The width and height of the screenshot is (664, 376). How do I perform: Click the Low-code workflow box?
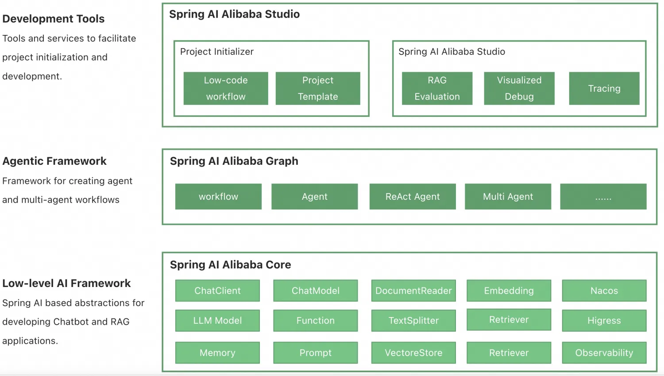(226, 89)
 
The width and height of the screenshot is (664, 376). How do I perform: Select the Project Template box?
(318, 89)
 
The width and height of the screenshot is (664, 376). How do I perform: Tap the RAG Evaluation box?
(437, 89)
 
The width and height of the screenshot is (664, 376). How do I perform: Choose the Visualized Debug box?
(519, 89)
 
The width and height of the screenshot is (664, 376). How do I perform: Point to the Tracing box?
(604, 89)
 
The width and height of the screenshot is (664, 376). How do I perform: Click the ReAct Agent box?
(413, 197)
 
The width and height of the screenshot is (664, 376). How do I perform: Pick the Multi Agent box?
(508, 197)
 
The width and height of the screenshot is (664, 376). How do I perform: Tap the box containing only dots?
(603, 197)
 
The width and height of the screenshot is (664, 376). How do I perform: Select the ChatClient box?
(217, 291)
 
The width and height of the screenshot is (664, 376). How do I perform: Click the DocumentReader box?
(413, 291)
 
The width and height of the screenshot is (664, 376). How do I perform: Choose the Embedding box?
(509, 291)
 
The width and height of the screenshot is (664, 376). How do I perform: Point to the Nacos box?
(604, 291)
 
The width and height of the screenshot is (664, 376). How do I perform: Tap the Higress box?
(604, 321)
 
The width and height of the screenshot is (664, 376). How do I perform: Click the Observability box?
(604, 353)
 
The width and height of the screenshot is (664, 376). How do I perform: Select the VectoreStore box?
(413, 353)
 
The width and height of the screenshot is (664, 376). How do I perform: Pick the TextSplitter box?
(413, 321)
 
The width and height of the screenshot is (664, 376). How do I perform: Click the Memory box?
(217, 353)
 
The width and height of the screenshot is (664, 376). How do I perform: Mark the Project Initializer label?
(217, 52)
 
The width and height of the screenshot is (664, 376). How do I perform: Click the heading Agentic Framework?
(54, 161)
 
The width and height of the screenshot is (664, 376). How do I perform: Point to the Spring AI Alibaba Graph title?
(234, 161)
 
